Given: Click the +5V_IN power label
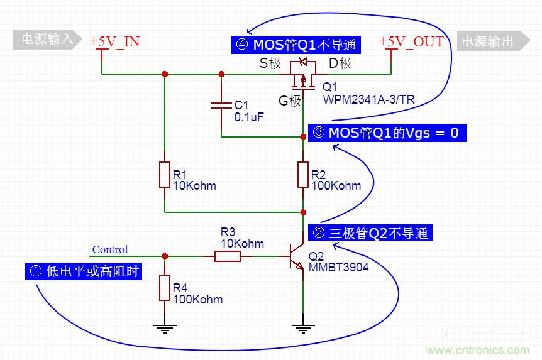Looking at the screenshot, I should pyautogui.click(x=114, y=42).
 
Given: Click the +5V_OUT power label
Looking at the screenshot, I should pyautogui.click(x=411, y=42).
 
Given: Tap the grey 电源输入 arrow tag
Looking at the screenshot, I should pyautogui.click(x=48, y=40).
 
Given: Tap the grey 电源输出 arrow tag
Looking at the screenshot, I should pyautogui.click(x=493, y=41).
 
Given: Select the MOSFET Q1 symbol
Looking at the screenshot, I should pyautogui.click(x=303, y=74).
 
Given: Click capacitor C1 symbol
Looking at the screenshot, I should pyautogui.click(x=221, y=104).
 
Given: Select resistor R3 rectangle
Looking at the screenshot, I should pyautogui.click(x=227, y=256).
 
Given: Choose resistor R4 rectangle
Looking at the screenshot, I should pyautogui.click(x=164, y=288).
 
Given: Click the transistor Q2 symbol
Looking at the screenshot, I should pyautogui.click(x=297, y=256).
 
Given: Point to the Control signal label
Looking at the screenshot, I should pyautogui.click(x=109, y=249).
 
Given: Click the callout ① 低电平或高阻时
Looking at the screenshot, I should pyautogui.click(x=83, y=271).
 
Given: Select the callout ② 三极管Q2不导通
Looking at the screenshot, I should pyautogui.click(x=370, y=233).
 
